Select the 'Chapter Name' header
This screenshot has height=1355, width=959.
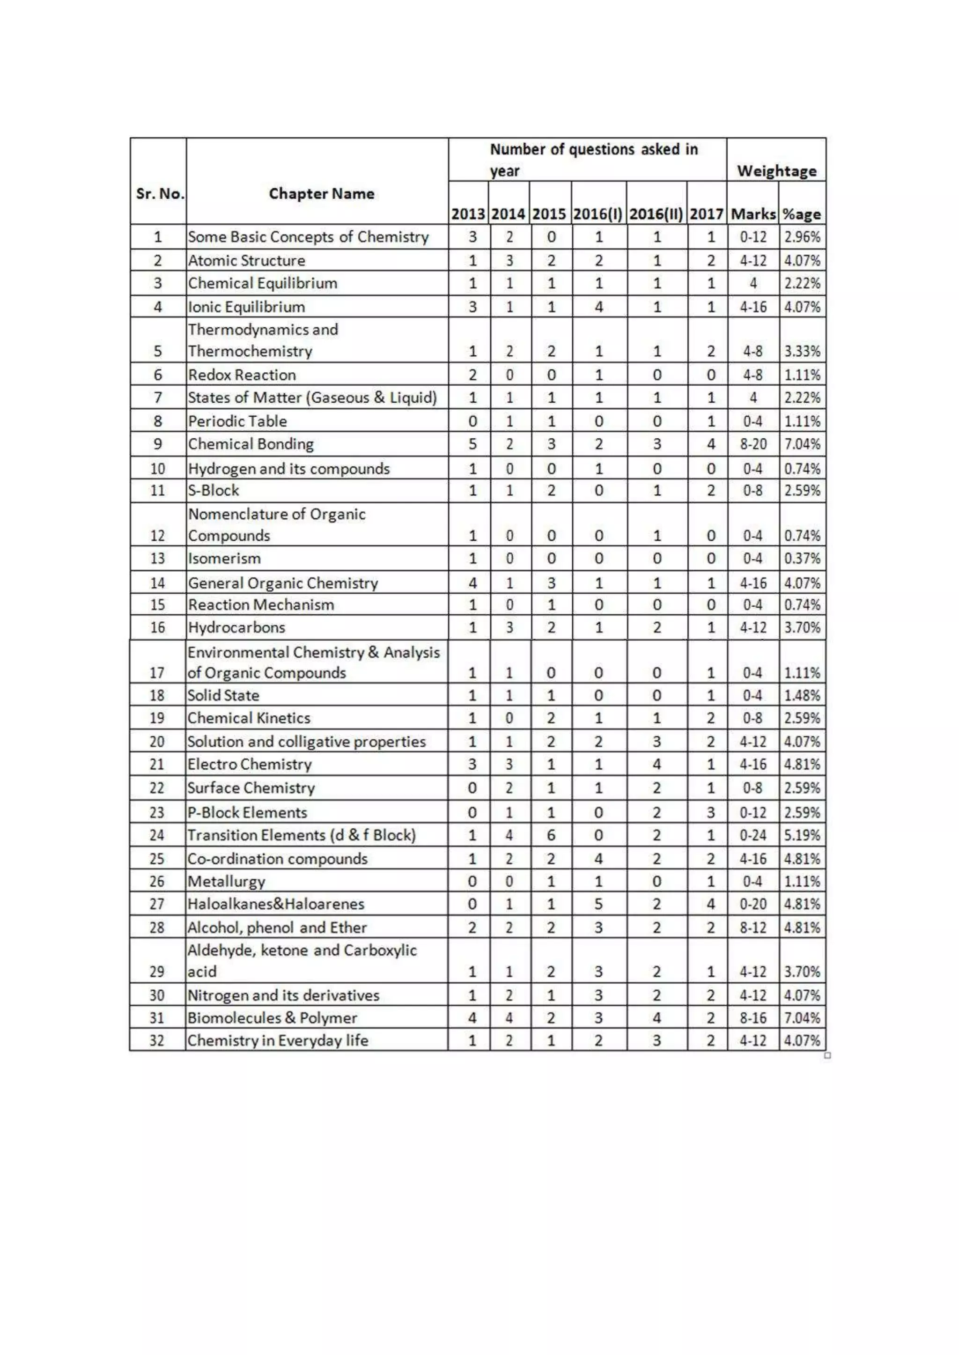tap(321, 194)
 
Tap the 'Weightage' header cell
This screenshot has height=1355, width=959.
tap(776, 171)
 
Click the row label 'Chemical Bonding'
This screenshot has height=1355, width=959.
tap(251, 444)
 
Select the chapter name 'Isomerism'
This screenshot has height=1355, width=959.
tap(224, 559)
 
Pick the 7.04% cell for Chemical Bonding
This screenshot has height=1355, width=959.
tap(802, 444)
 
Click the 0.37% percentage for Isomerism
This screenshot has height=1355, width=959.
tap(802, 559)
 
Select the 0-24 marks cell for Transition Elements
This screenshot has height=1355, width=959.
tap(752, 835)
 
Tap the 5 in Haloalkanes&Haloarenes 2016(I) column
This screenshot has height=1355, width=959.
tap(598, 904)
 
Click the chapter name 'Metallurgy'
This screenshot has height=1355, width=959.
tap(226, 882)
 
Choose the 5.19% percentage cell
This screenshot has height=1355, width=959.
tap(802, 835)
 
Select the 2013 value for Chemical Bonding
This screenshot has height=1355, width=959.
tap(472, 444)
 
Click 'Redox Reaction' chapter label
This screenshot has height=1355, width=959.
tap(242, 375)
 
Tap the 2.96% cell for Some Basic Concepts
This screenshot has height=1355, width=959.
tap(802, 237)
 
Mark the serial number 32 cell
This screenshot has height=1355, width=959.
tap(157, 1040)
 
